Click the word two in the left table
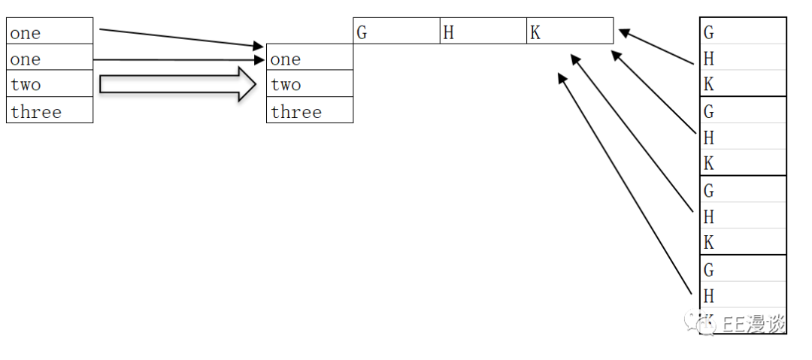(26, 85)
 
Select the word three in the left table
(35, 112)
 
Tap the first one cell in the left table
(26, 33)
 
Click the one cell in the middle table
(286, 59)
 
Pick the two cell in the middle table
(286, 85)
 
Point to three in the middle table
(296, 112)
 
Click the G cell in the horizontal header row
(362, 33)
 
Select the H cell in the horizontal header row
(448, 33)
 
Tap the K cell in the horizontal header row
(535, 33)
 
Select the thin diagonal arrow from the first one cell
(180, 38)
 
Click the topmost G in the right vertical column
(708, 32)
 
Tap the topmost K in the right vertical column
(708, 84)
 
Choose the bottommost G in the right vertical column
(708, 269)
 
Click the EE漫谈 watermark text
(752, 324)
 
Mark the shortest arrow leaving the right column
(656, 47)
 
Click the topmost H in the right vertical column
(708, 59)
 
